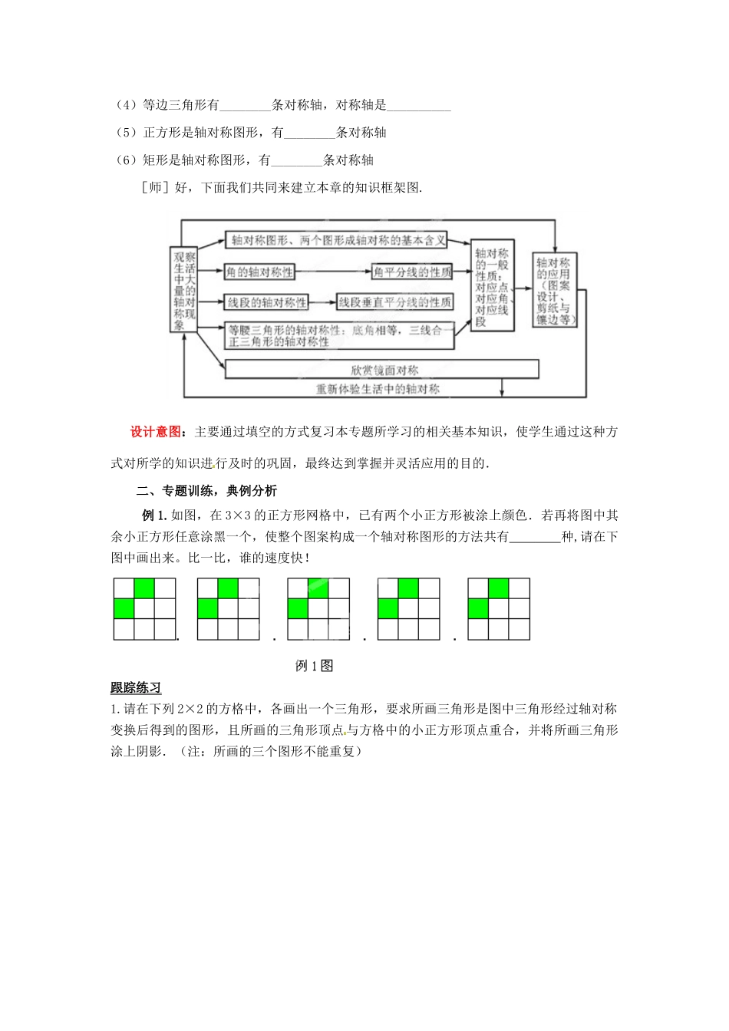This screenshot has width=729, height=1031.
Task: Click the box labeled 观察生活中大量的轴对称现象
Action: pyautogui.click(x=184, y=290)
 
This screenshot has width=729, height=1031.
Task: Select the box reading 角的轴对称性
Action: pyautogui.click(x=260, y=272)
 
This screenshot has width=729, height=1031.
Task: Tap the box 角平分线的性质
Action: pyautogui.click(x=412, y=272)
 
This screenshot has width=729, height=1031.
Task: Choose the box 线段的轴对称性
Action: pyautogui.click(x=267, y=302)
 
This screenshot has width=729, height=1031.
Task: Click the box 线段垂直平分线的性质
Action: pyautogui.click(x=395, y=302)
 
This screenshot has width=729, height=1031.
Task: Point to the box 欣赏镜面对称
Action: pyautogui.click(x=382, y=370)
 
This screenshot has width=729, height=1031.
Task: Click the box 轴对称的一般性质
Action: pyautogui.click(x=492, y=285)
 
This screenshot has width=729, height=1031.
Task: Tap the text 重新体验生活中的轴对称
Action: pyautogui.click(x=378, y=389)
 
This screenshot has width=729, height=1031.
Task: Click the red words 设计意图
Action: pyautogui.click(x=157, y=432)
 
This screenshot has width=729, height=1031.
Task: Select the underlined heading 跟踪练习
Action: pyautogui.click(x=136, y=688)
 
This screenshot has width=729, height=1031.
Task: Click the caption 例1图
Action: pyautogui.click(x=314, y=666)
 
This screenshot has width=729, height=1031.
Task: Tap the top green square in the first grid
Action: pyautogui.click(x=144, y=588)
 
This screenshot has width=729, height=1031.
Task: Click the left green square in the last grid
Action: pyautogui.click(x=478, y=609)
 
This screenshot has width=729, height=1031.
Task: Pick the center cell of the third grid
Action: pyautogui.click(x=318, y=609)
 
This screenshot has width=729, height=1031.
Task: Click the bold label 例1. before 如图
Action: pyautogui.click(x=154, y=515)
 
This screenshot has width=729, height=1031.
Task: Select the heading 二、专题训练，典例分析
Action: pyautogui.click(x=206, y=491)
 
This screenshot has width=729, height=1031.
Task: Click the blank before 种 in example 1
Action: pyautogui.click(x=535, y=538)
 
